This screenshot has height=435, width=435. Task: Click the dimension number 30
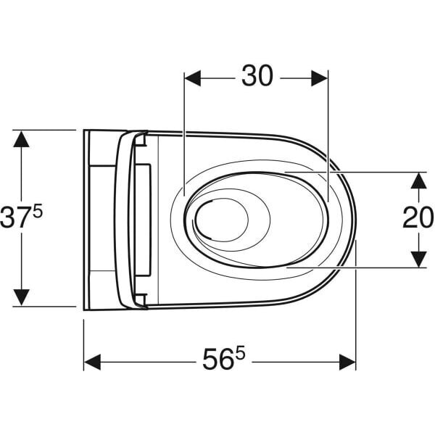pyautogui.click(x=257, y=76)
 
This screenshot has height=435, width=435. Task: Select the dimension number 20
pyautogui.click(x=418, y=218)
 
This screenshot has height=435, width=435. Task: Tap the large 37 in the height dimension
pyautogui.click(x=14, y=218)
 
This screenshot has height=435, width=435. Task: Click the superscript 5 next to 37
pyautogui.click(x=38, y=211)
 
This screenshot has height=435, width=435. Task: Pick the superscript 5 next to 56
pyautogui.click(x=240, y=353)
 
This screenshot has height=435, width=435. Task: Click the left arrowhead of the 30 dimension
pyautogui.click(x=193, y=78)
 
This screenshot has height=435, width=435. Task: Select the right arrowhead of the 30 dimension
pyautogui.click(x=320, y=78)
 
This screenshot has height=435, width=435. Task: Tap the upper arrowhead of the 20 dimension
pyautogui.click(x=418, y=180)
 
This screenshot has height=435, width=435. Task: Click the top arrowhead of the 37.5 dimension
pyautogui.click(x=22, y=138)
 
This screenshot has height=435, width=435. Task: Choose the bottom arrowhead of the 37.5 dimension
pyautogui.click(x=22, y=297)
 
